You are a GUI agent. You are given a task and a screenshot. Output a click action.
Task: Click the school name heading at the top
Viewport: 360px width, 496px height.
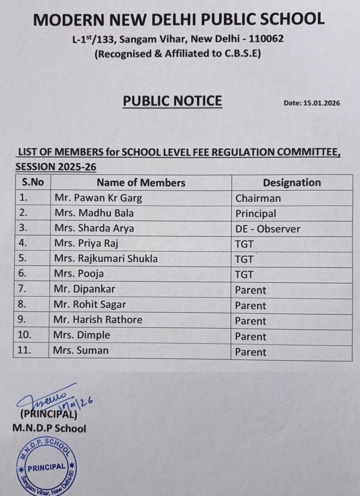pos(178,19)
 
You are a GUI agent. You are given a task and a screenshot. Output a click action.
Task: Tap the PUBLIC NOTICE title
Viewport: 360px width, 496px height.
pos(172,101)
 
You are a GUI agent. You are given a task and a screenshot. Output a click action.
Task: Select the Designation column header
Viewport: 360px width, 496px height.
pos(291,183)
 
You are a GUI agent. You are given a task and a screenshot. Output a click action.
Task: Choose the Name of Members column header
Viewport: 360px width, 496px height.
pos(141,183)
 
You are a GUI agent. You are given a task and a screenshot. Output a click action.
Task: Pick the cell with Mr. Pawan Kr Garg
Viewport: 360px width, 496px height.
pos(98,198)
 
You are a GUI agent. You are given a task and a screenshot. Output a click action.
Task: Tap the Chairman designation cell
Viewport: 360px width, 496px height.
pos(258,198)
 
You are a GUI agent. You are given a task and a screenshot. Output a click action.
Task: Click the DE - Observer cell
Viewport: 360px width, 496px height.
pos(267,229)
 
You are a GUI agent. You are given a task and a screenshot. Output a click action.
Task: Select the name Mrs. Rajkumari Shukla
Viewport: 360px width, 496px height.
pos(106,259)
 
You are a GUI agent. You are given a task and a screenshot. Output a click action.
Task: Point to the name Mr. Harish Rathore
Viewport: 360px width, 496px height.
pos(98,320)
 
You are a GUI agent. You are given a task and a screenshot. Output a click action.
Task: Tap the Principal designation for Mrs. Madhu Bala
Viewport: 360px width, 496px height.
pos(255,214)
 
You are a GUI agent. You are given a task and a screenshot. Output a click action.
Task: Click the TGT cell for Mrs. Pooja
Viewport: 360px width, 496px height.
pos(244,275)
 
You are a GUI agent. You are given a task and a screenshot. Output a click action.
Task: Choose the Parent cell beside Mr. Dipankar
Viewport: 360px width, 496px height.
pos(250,290)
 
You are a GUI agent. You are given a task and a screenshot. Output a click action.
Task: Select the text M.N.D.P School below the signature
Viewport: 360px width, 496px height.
pos(49,429)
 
